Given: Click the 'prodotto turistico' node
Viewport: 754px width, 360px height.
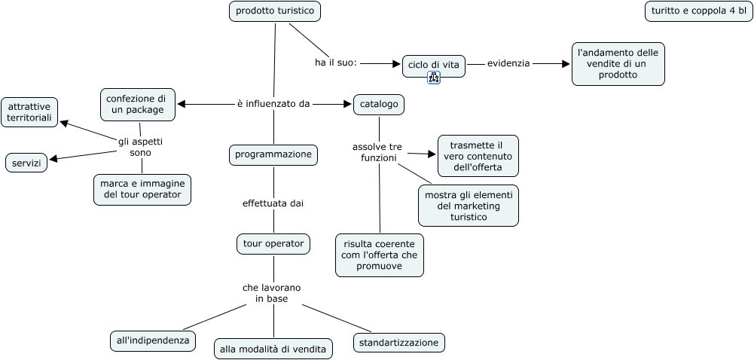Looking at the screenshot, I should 275,11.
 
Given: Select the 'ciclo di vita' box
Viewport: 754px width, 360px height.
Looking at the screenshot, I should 433,65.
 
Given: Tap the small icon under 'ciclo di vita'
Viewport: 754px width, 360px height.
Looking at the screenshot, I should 433,78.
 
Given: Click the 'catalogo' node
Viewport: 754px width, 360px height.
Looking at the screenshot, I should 379,104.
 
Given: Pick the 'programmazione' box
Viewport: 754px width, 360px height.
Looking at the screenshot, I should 273,154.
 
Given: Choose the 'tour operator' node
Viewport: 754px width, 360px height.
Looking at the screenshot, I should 273,243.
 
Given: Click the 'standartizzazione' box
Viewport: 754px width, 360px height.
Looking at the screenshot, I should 398,343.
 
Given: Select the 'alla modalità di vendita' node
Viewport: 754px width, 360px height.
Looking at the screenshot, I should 273,348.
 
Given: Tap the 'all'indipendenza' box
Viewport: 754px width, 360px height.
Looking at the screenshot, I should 152,340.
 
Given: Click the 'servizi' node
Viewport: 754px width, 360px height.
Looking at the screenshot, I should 26,162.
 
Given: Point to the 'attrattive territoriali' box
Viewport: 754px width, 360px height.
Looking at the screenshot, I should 30,112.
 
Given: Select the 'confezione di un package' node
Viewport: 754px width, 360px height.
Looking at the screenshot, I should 138,104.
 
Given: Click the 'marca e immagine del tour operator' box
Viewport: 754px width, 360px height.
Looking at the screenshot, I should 142,189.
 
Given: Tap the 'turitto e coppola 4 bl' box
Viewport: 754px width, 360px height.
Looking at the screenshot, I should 698,11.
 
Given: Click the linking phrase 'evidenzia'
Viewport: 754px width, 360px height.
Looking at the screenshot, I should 508,64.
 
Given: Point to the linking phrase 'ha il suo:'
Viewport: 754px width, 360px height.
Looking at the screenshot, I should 335,63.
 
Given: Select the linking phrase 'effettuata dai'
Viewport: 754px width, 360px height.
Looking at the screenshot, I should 273,203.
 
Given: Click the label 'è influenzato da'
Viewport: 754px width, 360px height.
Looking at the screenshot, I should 273,104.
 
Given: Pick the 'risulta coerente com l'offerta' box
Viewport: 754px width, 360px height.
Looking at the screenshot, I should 379,255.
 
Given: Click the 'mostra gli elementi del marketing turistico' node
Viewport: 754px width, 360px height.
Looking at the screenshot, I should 469,206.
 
